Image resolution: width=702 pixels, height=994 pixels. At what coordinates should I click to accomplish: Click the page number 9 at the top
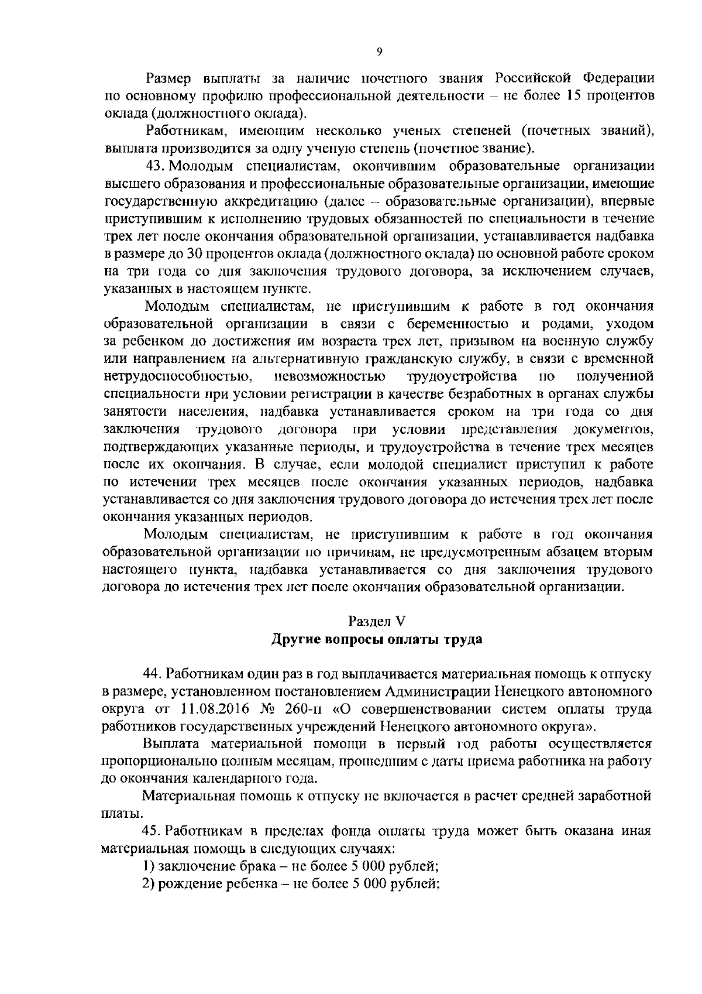[x=379, y=53]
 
